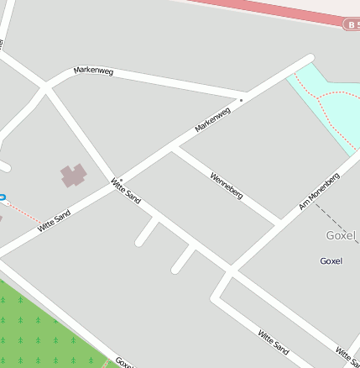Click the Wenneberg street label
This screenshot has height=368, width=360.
click(x=227, y=186)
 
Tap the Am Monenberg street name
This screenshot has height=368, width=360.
click(x=319, y=192)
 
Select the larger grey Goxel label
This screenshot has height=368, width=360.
click(x=342, y=235)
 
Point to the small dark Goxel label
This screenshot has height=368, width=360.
click(x=331, y=261)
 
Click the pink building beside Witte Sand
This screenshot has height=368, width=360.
click(x=74, y=176)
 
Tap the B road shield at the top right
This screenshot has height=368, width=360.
click(x=352, y=25)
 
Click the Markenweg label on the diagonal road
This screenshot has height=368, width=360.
click(x=212, y=119)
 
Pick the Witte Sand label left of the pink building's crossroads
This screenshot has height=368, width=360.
click(x=54, y=220)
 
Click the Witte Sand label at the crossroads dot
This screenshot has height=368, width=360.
click(x=127, y=191)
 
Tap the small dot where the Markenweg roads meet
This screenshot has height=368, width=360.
click(x=241, y=100)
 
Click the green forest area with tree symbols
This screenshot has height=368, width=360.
click(x=42, y=332)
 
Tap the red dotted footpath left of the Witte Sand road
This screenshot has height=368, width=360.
click(x=25, y=213)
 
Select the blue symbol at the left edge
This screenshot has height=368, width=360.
click(x=2, y=199)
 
